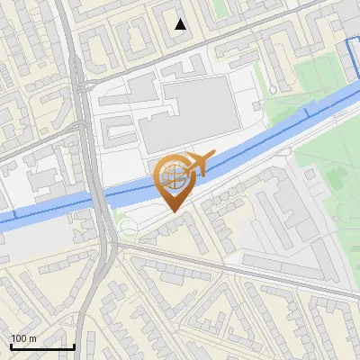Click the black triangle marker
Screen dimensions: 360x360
tap(180, 24)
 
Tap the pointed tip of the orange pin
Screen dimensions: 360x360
tap(173, 211)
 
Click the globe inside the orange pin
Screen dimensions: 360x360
tap(173, 178)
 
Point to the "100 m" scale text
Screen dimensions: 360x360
tap(23, 338)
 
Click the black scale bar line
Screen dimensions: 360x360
tap(42, 347)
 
